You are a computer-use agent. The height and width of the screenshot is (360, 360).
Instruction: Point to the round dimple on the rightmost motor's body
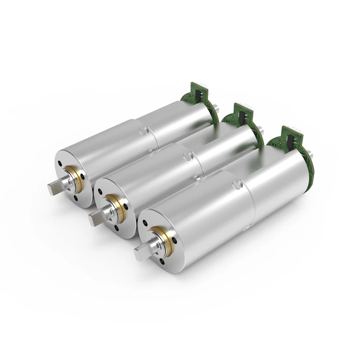pyautogui.click(x=235, y=185)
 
